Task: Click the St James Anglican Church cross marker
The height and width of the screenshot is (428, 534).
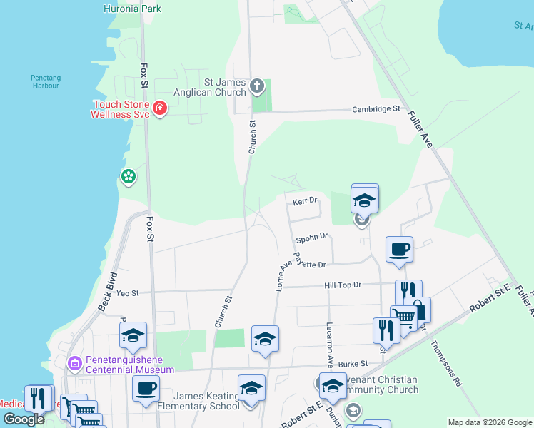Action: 257,88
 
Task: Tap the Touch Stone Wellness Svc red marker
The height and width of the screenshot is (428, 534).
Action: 160,109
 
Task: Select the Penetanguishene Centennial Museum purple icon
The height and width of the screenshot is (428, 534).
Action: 75,364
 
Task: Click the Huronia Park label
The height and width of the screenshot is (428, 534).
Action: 132,9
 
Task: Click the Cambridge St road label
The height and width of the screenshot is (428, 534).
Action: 376,109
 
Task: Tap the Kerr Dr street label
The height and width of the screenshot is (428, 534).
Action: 305,202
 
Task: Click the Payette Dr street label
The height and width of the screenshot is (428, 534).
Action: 311,263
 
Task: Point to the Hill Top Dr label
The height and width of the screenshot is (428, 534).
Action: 343,285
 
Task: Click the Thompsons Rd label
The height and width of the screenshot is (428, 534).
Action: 447,363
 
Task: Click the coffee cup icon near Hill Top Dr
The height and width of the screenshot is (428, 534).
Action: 399,249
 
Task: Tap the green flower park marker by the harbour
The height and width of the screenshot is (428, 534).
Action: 129,177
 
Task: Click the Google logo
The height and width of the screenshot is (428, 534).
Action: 24,419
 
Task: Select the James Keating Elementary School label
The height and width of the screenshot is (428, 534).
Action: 198,401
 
